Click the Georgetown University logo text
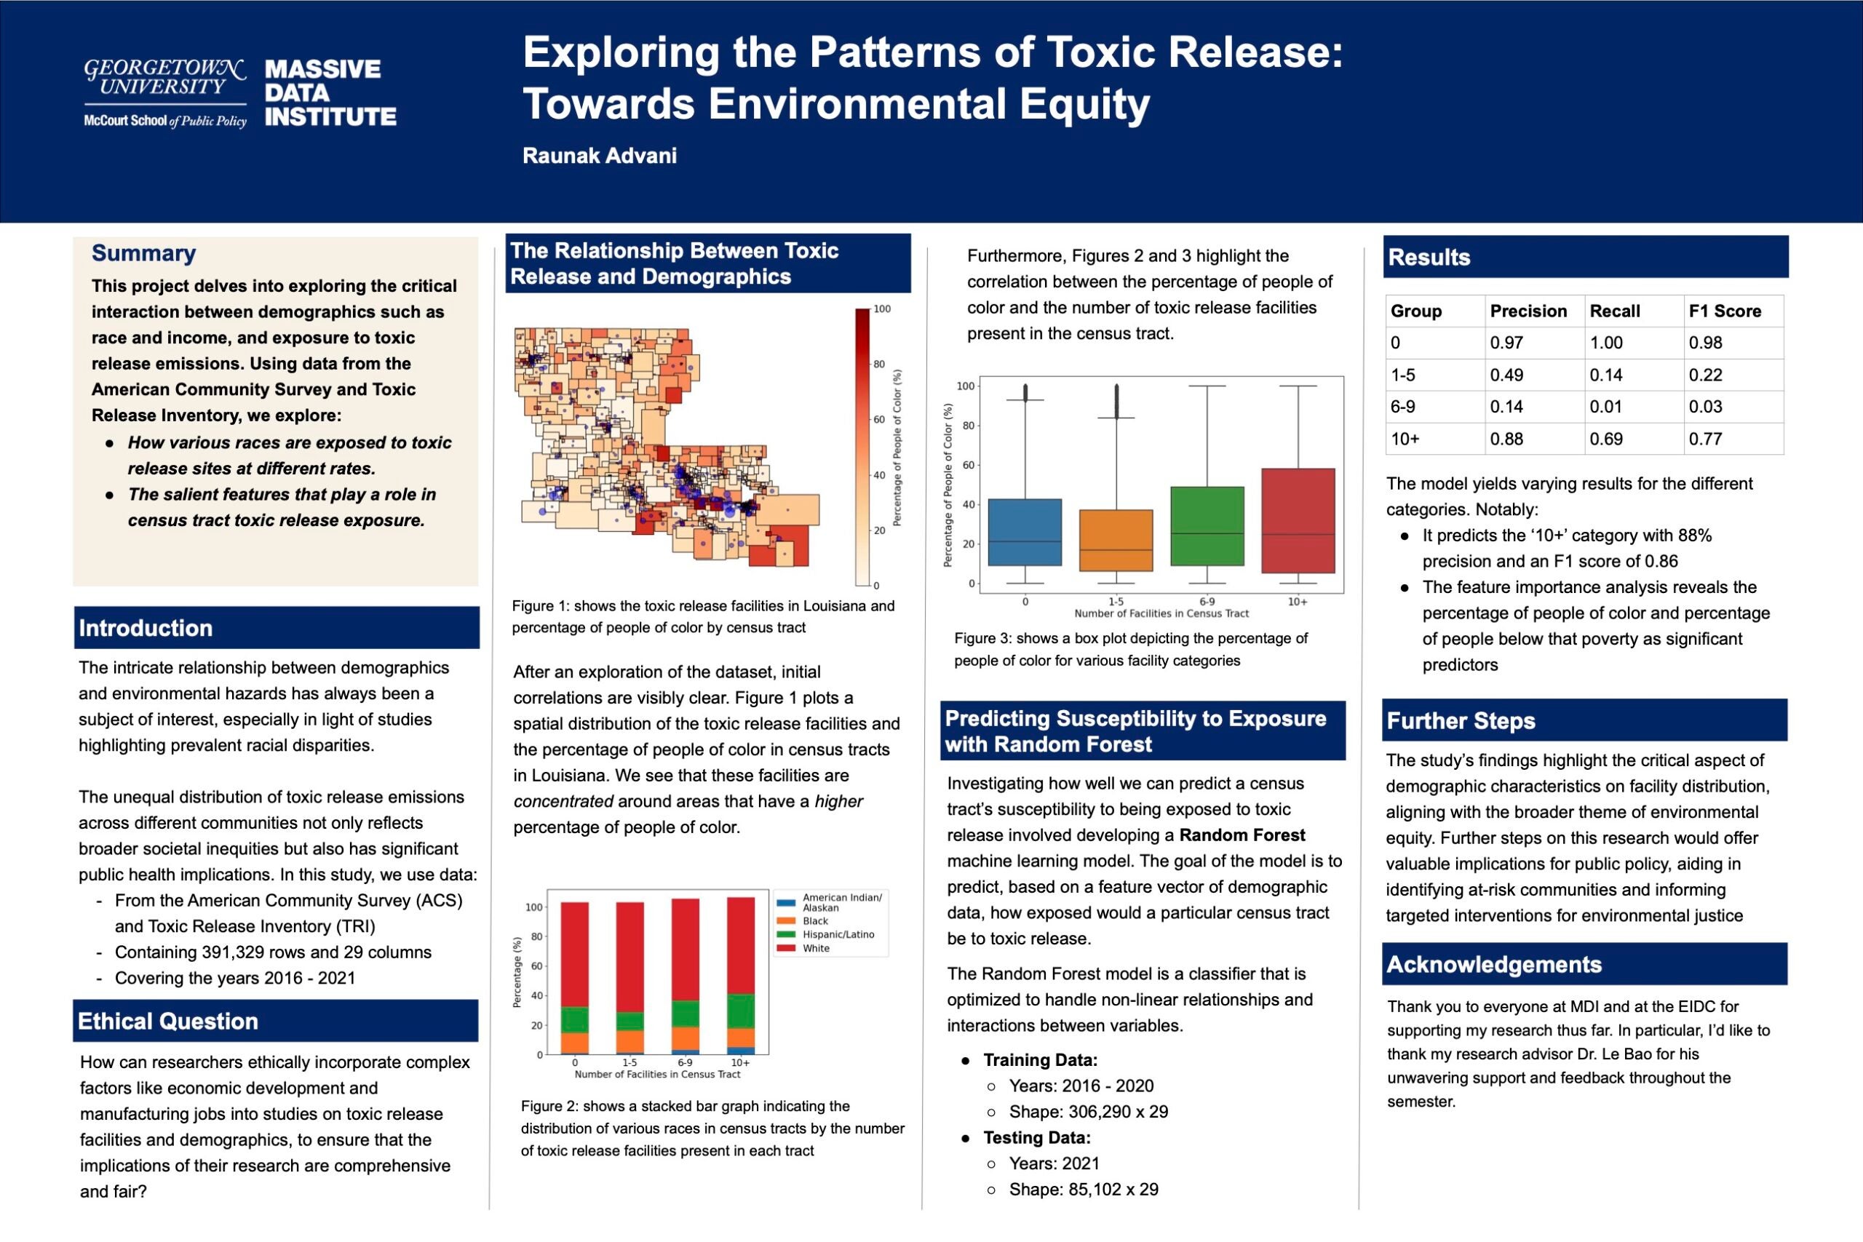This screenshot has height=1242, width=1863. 164,78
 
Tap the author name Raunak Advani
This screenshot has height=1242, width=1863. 600,155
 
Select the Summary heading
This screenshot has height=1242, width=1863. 143,253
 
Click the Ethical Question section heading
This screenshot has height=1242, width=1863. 168,1021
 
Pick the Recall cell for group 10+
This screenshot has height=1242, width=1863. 1605,439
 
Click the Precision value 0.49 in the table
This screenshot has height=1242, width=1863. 1506,375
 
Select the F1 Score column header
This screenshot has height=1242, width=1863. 1725,311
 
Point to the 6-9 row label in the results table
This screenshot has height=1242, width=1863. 1403,406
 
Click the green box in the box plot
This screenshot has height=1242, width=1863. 1207,526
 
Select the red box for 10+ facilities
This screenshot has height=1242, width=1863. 1298,520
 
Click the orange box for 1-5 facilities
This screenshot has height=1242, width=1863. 1116,540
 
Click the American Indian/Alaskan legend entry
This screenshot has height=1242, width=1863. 841,902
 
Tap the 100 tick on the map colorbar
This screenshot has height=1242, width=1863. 881,309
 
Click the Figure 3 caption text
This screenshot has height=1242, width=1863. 1130,650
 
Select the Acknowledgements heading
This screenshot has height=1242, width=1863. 1494,965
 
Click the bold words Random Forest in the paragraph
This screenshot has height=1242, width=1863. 1242,835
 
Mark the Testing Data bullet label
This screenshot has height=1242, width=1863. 1037,1137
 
